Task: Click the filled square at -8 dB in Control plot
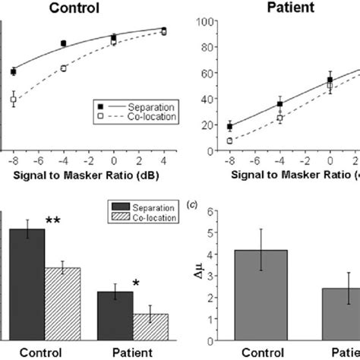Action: [14, 71]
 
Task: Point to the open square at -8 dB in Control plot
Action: [14, 99]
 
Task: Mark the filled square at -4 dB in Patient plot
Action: [280, 104]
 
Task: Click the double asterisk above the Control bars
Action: [53, 221]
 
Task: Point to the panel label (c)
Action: [194, 205]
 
